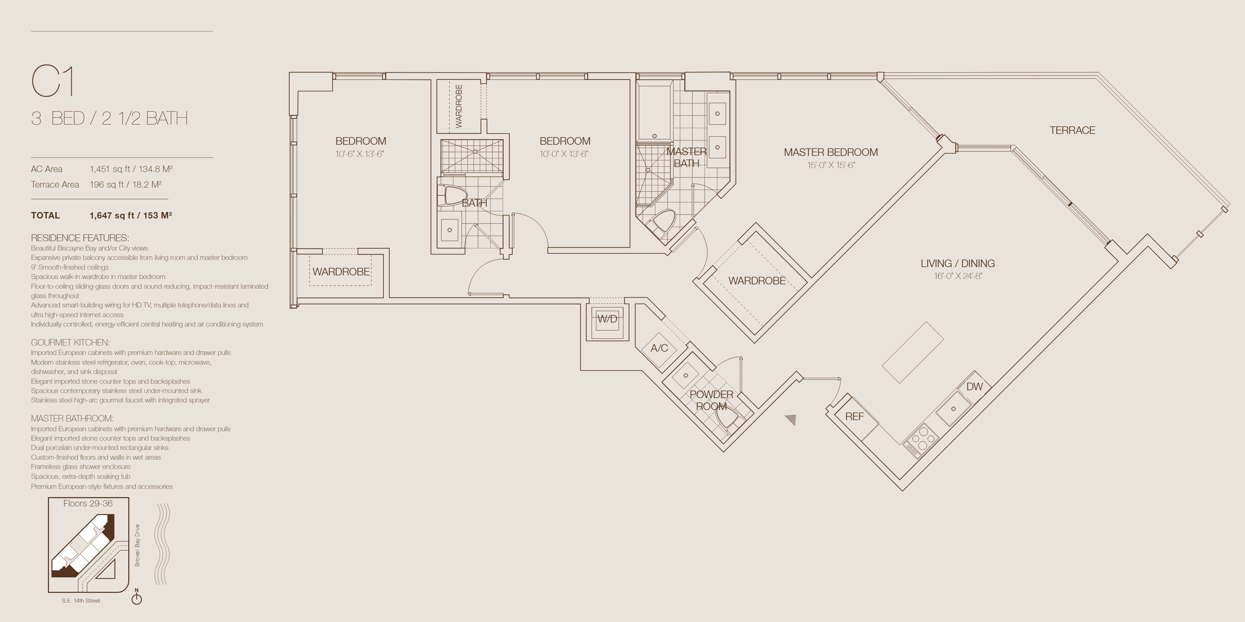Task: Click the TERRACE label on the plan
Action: [x=1072, y=130]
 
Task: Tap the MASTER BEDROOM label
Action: [x=831, y=152]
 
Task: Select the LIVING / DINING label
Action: [x=958, y=263]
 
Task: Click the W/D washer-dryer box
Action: [x=607, y=319]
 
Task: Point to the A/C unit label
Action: [x=659, y=348]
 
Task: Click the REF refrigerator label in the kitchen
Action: [x=854, y=416]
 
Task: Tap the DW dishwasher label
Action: [x=974, y=386]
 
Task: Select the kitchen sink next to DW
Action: [x=953, y=409]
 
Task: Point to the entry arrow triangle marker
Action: [x=791, y=420]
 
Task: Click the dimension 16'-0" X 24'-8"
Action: [x=958, y=276]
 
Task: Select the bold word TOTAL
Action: [x=45, y=215]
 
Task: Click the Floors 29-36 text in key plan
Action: [x=88, y=504]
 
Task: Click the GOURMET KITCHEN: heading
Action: [x=70, y=342]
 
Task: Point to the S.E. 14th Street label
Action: [x=81, y=601]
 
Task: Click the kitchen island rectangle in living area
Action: [x=913, y=352]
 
